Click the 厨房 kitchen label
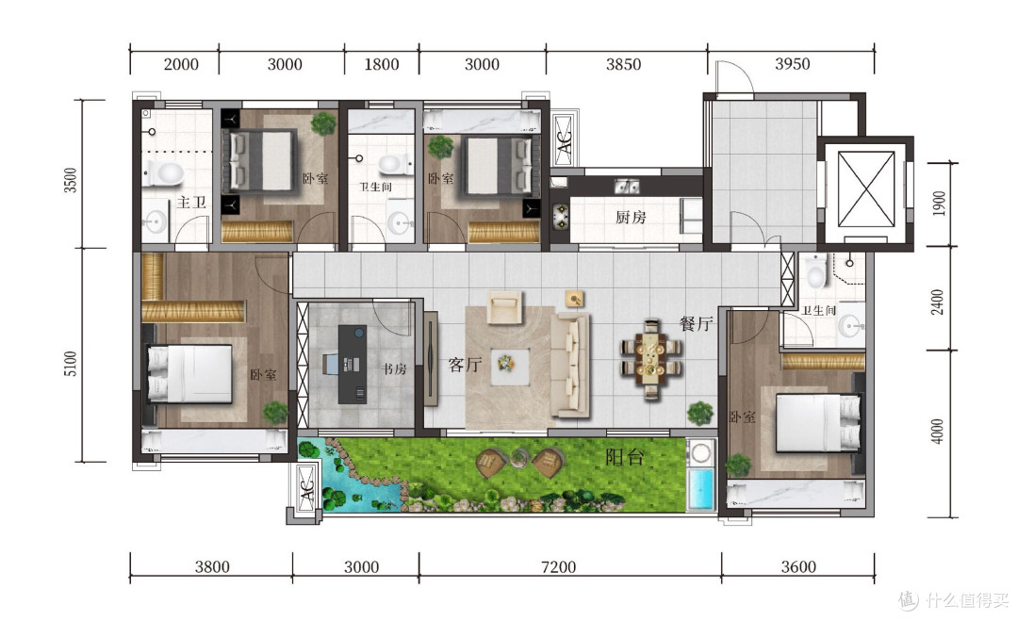(631, 217)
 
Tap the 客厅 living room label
(465, 365)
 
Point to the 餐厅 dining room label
(696, 323)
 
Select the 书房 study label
(394, 369)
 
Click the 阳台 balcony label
(625, 457)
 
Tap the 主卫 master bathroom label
(191, 203)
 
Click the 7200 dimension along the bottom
(558, 566)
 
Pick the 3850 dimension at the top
(623, 64)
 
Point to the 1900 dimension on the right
(938, 204)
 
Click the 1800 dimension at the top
(381, 64)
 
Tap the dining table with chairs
(651, 359)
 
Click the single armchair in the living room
(504, 307)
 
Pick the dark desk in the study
(352, 364)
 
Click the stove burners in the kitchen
(560, 217)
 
